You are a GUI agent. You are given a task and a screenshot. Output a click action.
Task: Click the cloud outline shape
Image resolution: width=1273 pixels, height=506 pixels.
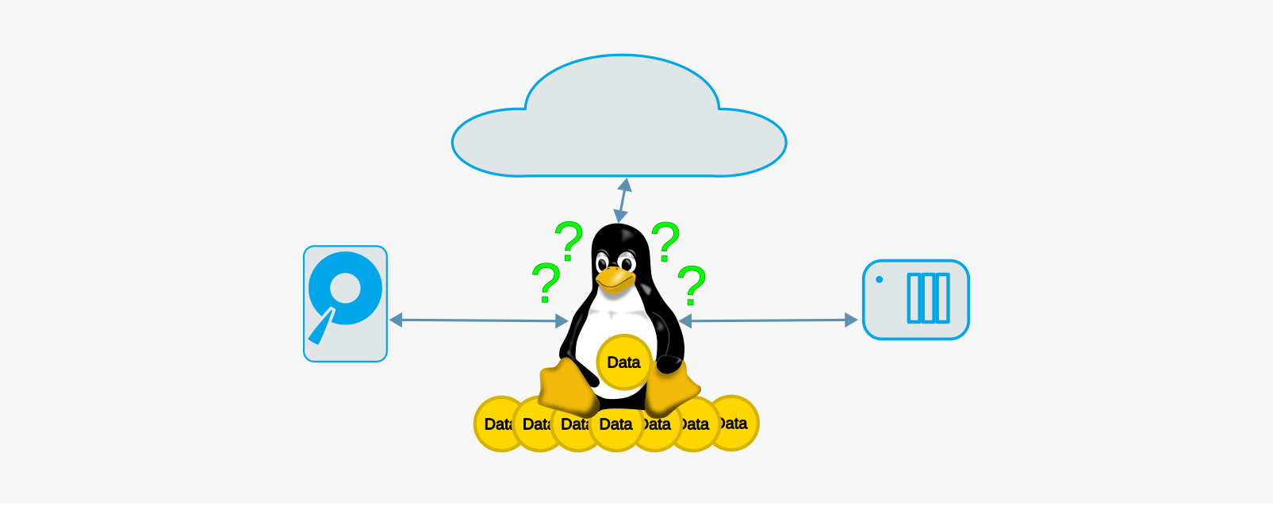pyautogui.click(x=619, y=119)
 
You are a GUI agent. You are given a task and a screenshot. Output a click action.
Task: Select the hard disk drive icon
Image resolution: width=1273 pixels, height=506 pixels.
pyautogui.click(x=345, y=304)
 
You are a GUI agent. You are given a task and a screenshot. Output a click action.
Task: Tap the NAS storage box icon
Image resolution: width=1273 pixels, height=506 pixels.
pyautogui.click(x=915, y=300)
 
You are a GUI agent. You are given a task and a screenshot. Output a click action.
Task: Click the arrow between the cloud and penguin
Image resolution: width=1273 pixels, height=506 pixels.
pyautogui.click(x=622, y=201)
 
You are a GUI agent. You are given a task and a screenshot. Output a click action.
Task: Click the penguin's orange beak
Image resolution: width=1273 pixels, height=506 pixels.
pyautogui.click(x=615, y=278)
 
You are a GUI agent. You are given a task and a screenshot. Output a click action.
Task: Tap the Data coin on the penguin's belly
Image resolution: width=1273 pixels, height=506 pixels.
pyautogui.click(x=623, y=362)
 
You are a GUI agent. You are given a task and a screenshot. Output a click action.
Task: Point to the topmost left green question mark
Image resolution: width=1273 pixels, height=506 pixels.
pyautogui.click(x=569, y=241)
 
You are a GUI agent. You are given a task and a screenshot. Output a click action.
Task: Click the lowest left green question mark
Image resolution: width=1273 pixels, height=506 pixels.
pyautogui.click(x=546, y=283)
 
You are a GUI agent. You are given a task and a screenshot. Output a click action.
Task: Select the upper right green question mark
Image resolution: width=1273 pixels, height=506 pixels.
pyautogui.click(x=665, y=241)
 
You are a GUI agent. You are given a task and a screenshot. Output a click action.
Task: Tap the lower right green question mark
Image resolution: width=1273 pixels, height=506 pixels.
pyautogui.click(x=692, y=286)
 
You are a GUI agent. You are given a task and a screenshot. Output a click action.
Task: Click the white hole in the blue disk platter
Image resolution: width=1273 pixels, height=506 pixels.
pyautogui.click(x=346, y=288)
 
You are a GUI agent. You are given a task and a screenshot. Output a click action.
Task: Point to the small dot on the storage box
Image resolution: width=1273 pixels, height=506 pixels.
pyautogui.click(x=879, y=279)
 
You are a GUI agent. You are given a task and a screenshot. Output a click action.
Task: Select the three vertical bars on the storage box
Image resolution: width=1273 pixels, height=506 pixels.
pyautogui.click(x=928, y=298)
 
